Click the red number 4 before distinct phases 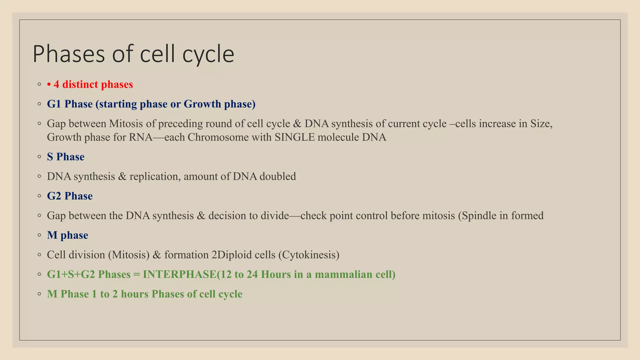(56, 84)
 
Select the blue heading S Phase (66, 157)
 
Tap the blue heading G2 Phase (70, 196)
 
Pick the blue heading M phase (67, 235)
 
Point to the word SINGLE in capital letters (295, 137)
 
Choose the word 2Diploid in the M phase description (232, 255)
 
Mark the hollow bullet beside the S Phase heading (39, 156)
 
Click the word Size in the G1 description (541, 124)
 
